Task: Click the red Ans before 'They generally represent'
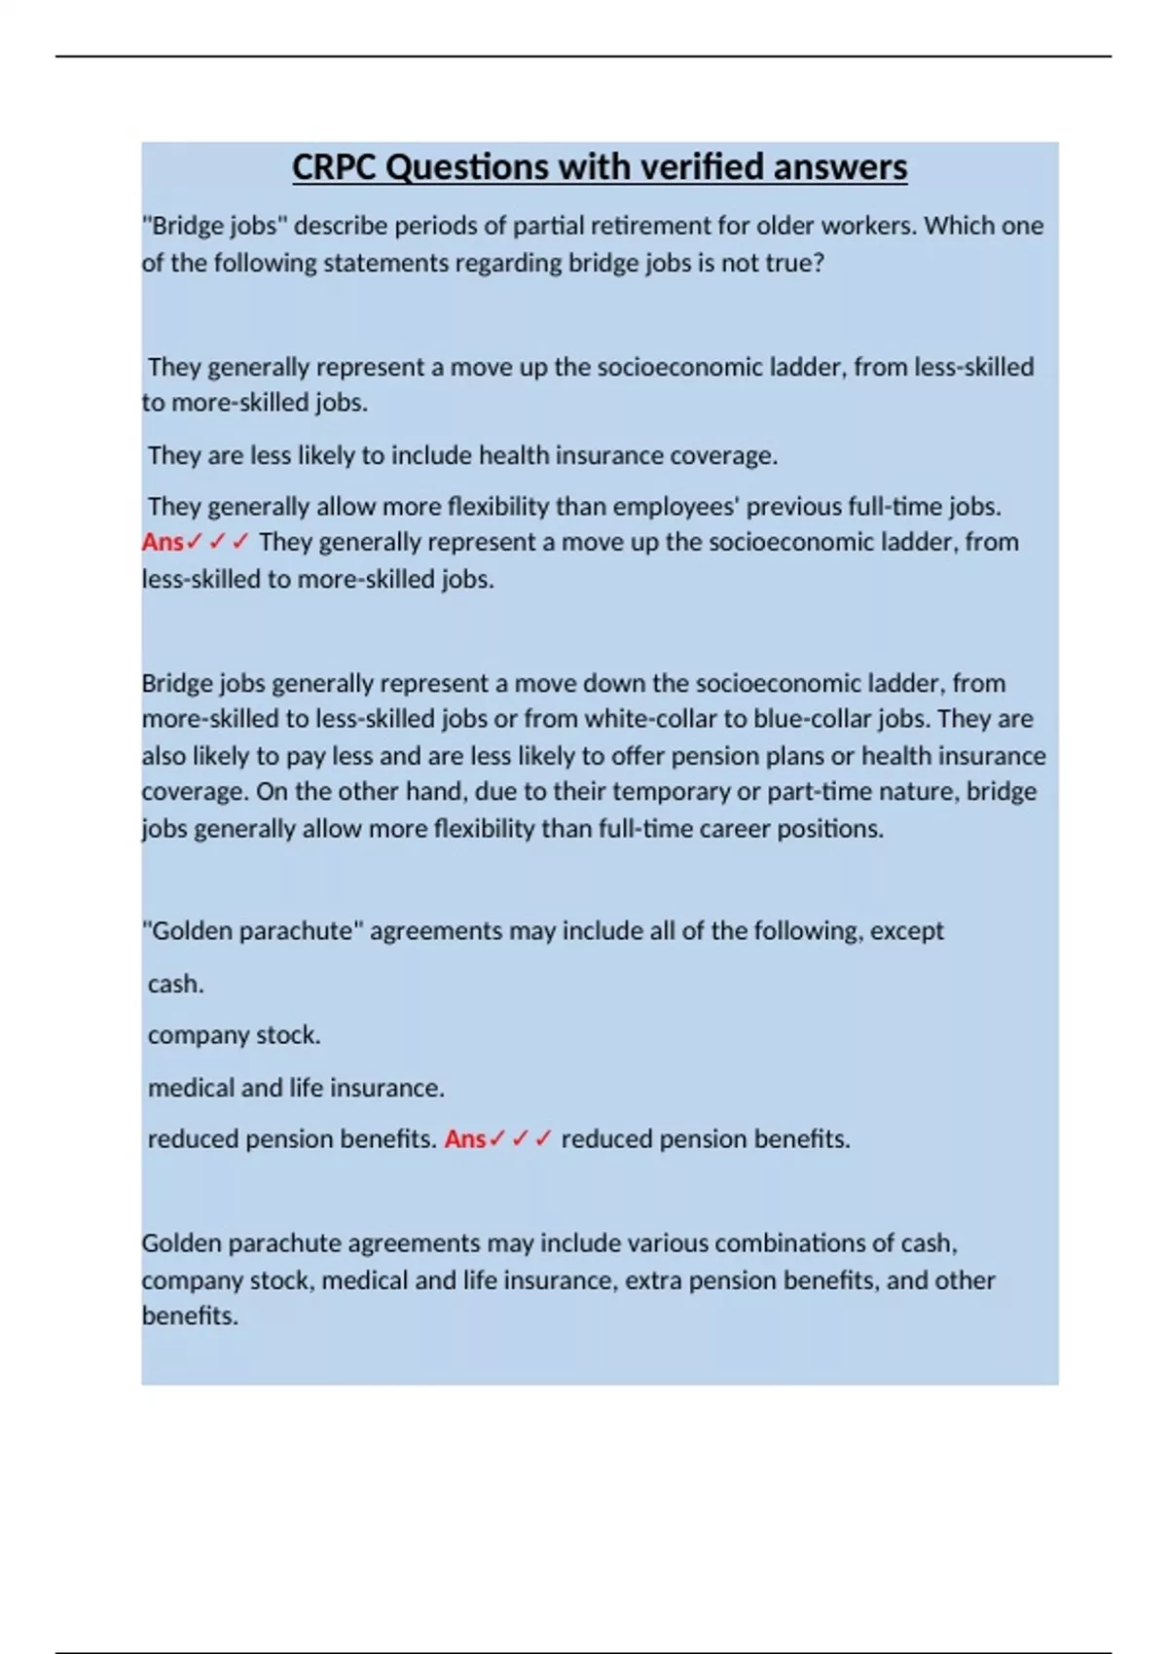pyautogui.click(x=163, y=542)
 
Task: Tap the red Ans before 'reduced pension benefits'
pyautogui.click(x=465, y=1139)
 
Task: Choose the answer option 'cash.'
pyautogui.click(x=175, y=985)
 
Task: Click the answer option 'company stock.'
pyautogui.click(x=234, y=1035)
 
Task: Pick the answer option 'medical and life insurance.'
pyautogui.click(x=296, y=1088)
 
